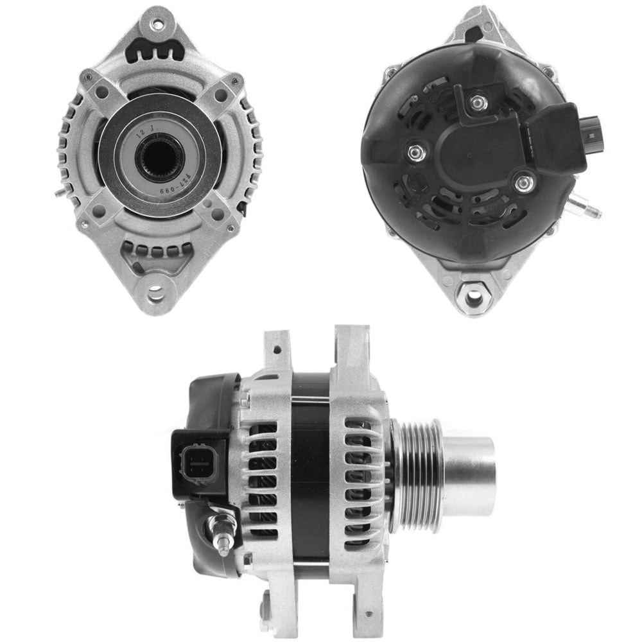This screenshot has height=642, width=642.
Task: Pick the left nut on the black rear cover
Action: tap(415, 152)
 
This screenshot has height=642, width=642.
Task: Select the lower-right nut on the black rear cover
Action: tap(525, 185)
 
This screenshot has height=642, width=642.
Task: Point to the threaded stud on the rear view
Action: tap(587, 208)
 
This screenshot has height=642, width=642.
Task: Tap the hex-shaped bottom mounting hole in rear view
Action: tap(473, 297)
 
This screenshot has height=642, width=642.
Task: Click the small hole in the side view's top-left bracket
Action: tap(277, 351)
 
